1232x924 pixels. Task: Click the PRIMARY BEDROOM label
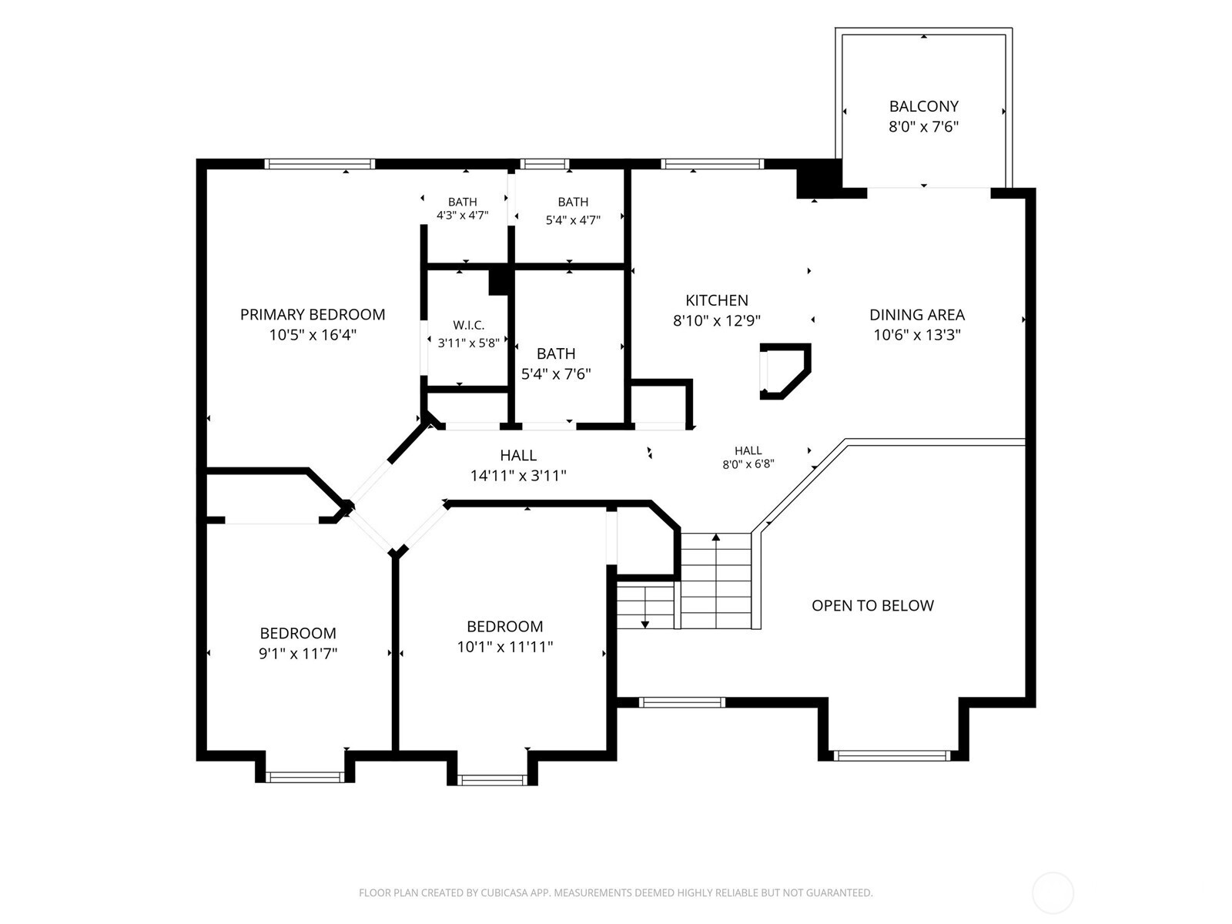click(313, 314)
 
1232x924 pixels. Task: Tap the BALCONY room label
click(923, 106)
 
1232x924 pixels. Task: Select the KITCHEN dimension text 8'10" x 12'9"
click(717, 320)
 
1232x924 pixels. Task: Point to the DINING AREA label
click(916, 315)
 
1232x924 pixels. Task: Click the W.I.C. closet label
click(468, 325)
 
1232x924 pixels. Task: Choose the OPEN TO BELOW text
click(872, 605)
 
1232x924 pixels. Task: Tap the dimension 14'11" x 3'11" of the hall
click(518, 476)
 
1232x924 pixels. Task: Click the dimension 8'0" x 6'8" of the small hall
click(748, 464)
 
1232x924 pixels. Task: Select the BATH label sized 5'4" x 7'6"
click(556, 353)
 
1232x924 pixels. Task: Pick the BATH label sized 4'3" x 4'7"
click(463, 202)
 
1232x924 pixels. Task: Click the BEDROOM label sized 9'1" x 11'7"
click(297, 634)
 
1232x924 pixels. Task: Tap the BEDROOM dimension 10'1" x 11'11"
click(504, 647)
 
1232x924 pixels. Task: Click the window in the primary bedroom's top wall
click(320, 164)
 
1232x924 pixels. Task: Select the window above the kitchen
click(712, 164)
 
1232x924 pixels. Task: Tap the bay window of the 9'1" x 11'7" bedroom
click(305, 777)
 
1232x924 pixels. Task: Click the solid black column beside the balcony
click(819, 179)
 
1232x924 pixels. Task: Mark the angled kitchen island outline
click(786, 371)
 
